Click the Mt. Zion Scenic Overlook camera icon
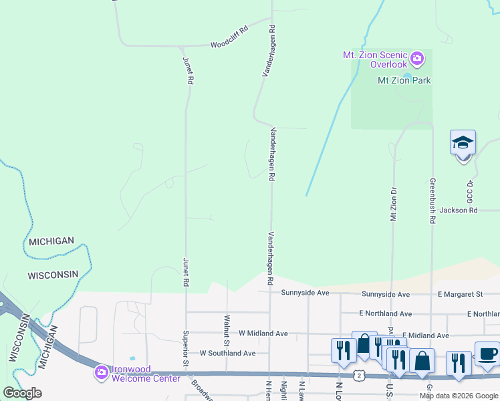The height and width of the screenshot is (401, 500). tap(417, 59)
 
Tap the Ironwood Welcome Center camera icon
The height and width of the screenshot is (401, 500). tap(102, 372)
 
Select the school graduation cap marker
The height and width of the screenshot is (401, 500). tap(463, 143)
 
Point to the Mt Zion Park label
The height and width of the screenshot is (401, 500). tap(404, 81)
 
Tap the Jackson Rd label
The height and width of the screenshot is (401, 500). tap(459, 210)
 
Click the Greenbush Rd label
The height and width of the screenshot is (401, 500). tap(432, 200)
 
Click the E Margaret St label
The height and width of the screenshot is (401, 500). tap(460, 294)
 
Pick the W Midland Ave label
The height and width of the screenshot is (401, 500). tap(263, 333)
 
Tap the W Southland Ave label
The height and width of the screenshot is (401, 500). tap(228, 353)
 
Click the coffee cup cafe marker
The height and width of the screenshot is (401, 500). tap(486, 354)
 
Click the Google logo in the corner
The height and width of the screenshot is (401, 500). tap(22, 392)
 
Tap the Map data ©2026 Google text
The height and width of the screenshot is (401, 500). tap(459, 396)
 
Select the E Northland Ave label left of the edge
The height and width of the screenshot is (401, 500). tap(385, 313)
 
